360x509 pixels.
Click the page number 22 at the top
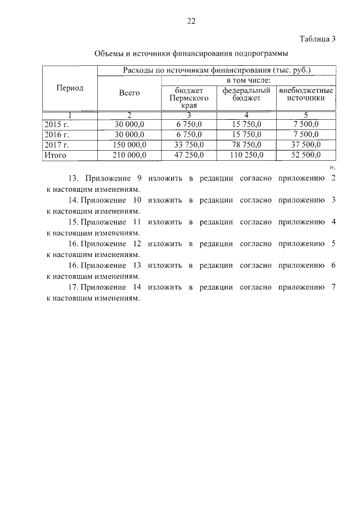pyautogui.click(x=191, y=21)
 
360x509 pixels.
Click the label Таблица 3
pyautogui.click(x=317, y=39)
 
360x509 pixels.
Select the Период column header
pyautogui.click(x=70, y=88)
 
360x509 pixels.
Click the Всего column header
pyautogui.click(x=129, y=93)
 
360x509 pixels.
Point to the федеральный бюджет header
pyautogui.click(x=246, y=93)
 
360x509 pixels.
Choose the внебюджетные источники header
pyautogui.click(x=306, y=93)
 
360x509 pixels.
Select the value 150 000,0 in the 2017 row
pyautogui.click(x=129, y=145)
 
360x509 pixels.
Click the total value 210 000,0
pyautogui.click(x=129, y=155)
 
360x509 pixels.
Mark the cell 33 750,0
pyautogui.click(x=189, y=145)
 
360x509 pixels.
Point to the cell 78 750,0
pyautogui.click(x=246, y=145)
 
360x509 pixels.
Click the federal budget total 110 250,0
pyautogui.click(x=246, y=155)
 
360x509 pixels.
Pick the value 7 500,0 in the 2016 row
pyautogui.click(x=306, y=134)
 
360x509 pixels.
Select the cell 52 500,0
pyautogui.click(x=306, y=155)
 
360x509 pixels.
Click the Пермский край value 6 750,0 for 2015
pyautogui.click(x=189, y=124)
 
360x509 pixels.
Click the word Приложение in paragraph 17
pyautogui.click(x=103, y=287)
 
